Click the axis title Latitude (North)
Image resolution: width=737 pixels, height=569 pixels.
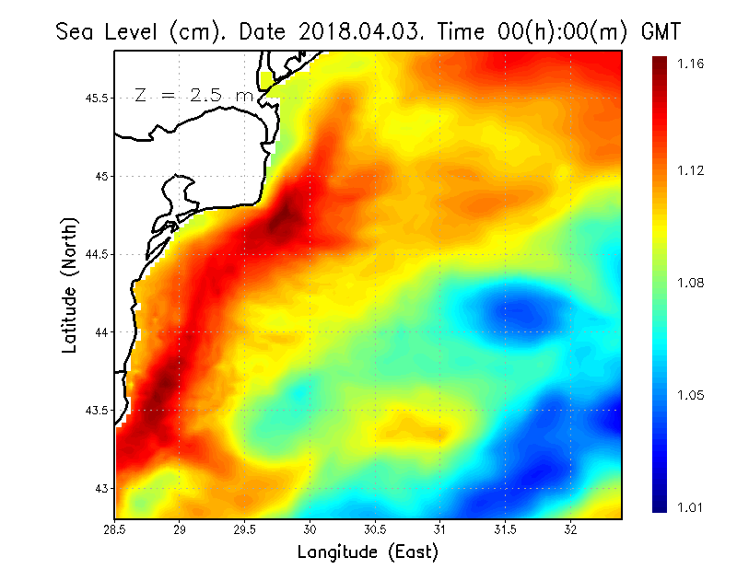[x=69, y=284]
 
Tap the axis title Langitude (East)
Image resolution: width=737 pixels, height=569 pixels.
[x=368, y=552]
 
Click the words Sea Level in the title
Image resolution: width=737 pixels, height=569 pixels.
[x=107, y=32]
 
